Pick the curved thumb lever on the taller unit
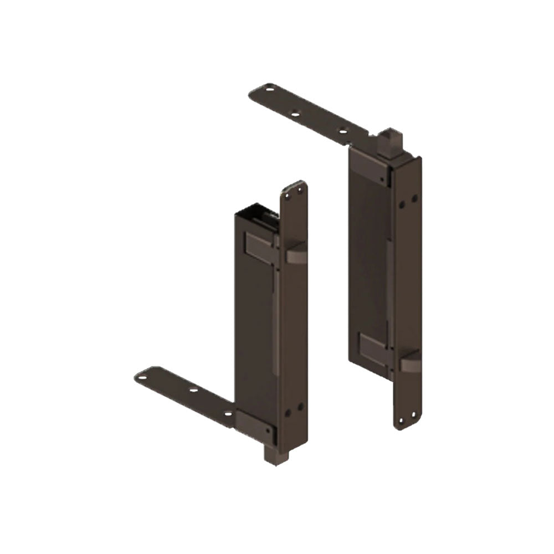point(411,363)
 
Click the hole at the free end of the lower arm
point(142,378)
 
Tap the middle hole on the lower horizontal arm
point(193,390)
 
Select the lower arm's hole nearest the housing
point(228,413)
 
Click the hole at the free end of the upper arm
point(270,87)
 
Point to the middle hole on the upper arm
point(295,114)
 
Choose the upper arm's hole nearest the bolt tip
point(342,131)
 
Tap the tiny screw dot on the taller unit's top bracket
point(382,178)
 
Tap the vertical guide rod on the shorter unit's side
point(275,316)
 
